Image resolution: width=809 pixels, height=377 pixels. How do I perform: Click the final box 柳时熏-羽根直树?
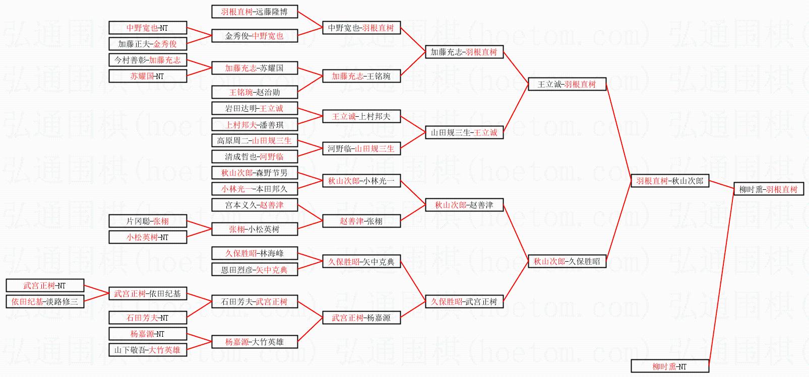click(x=768, y=189)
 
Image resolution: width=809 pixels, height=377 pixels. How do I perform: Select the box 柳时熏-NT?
click(x=670, y=366)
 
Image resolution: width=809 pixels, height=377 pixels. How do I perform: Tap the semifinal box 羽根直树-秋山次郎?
click(x=670, y=181)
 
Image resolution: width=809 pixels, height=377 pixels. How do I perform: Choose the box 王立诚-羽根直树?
click(x=567, y=84)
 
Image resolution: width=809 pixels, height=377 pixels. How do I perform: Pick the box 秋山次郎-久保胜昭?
click(x=567, y=261)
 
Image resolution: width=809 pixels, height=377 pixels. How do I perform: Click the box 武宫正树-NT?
click(x=45, y=285)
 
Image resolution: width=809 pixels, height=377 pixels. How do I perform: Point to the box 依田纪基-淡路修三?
click(x=45, y=301)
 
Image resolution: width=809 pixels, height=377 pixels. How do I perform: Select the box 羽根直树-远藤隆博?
click(x=254, y=12)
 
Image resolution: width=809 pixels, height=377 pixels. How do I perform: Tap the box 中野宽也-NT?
click(x=148, y=28)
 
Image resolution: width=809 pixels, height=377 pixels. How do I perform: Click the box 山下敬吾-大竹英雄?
click(x=148, y=350)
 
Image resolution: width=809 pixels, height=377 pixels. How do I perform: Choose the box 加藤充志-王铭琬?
click(x=361, y=76)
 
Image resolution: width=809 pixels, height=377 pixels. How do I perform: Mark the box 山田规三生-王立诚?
click(x=464, y=132)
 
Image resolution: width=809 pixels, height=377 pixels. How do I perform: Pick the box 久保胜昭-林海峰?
click(x=254, y=253)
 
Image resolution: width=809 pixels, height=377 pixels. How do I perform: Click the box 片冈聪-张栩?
click(x=148, y=221)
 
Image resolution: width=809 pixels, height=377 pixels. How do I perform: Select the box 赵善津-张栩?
click(x=361, y=221)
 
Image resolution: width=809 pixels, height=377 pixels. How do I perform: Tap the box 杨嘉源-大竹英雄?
click(x=254, y=342)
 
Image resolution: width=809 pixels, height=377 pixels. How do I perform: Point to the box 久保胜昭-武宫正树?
click(x=464, y=301)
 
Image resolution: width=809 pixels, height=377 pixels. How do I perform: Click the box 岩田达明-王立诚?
click(x=254, y=108)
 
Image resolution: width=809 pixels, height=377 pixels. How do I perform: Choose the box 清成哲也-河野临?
click(x=254, y=157)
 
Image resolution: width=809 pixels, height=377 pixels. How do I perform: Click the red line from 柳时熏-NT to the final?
click(x=721, y=277)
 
